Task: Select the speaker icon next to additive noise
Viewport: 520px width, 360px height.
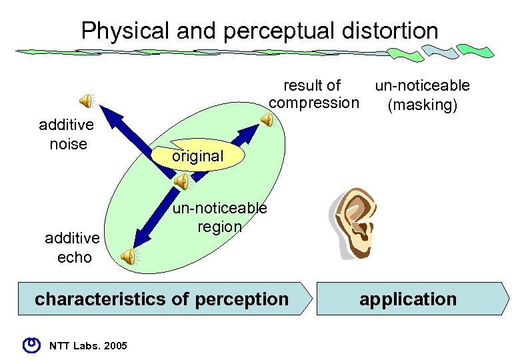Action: (87, 101)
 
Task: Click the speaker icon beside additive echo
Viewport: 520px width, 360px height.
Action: (128, 255)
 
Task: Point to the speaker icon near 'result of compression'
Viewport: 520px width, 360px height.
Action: (267, 120)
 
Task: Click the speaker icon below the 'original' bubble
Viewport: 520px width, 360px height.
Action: (181, 181)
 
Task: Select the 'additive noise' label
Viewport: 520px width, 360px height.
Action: (67, 134)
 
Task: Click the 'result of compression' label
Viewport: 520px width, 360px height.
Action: (313, 94)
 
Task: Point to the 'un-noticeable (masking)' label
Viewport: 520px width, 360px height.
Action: (422, 95)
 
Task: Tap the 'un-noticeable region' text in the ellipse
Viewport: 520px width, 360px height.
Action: (220, 217)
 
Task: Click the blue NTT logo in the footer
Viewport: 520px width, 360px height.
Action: (31, 344)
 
